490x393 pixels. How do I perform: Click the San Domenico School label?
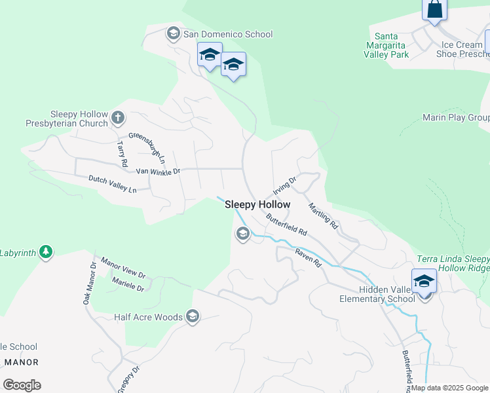point(227,34)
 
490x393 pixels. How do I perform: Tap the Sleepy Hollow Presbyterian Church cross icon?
point(118,117)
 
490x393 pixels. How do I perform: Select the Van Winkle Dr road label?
point(158,172)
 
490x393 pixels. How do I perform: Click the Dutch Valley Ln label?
point(113,183)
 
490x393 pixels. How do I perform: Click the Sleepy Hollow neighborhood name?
point(257,204)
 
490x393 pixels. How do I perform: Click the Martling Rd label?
point(323,215)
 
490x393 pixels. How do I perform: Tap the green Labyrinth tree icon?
point(45,252)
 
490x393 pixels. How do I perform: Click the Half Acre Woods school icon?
point(193,317)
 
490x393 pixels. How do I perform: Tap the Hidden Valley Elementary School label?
point(386,294)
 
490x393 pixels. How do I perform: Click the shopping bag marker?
point(434,9)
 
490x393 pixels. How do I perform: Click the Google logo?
point(22,385)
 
